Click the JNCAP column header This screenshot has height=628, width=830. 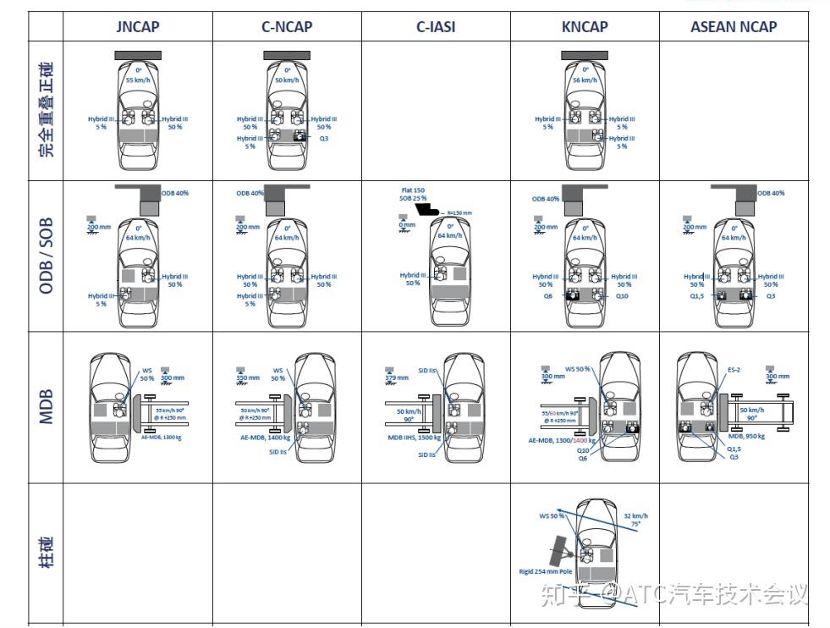point(137,26)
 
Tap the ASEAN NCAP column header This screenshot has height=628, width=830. point(733,26)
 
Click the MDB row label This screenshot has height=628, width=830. point(46,407)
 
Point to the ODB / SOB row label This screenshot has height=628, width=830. point(46,256)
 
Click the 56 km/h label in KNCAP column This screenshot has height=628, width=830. point(584,80)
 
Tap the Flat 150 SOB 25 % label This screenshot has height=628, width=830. point(413,195)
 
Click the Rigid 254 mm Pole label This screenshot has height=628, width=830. point(545,572)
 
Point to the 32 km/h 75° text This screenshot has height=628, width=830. point(635,520)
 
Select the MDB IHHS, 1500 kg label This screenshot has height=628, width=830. point(414,438)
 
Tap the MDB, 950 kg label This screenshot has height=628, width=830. point(746,436)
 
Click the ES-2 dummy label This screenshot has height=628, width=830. point(734,370)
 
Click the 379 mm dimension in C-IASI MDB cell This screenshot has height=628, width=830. point(396,377)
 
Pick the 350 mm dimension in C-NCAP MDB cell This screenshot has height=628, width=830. point(247,377)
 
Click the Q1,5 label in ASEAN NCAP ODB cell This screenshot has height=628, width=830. point(698,296)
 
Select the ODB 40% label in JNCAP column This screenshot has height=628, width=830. point(176,193)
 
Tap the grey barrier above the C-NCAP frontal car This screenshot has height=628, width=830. point(286,55)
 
